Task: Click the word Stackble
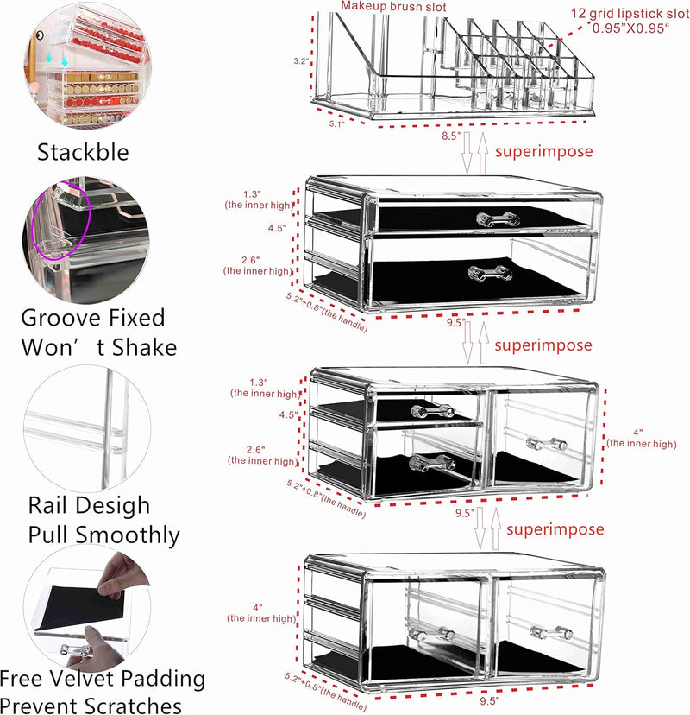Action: (83, 152)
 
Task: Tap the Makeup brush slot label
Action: (393, 6)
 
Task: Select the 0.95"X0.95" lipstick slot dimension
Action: (630, 28)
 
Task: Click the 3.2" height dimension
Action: (301, 61)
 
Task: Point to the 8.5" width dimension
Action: (451, 136)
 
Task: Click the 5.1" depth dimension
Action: (337, 123)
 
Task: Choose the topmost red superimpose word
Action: (543, 151)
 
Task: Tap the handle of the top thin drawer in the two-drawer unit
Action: (498, 219)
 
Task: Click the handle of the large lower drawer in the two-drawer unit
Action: (490, 274)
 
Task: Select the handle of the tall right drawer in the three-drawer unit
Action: (547, 443)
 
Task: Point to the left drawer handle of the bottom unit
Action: (431, 634)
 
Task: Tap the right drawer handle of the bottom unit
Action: (551, 632)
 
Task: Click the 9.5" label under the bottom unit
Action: (490, 700)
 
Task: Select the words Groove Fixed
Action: (93, 318)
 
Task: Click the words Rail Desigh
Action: (89, 506)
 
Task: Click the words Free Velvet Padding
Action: (103, 678)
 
